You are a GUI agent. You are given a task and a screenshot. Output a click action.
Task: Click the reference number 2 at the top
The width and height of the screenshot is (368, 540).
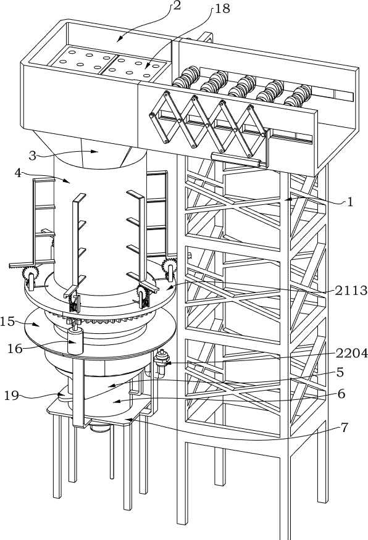[177, 5]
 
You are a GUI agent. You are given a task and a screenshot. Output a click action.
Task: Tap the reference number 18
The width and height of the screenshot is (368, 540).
[222, 8]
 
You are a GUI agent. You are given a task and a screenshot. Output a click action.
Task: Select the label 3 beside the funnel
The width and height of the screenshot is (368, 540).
[32, 156]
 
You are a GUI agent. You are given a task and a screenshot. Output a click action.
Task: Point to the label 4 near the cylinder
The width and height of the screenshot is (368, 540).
[18, 173]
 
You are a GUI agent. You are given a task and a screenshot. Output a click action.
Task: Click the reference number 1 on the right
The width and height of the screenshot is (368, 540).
[350, 202]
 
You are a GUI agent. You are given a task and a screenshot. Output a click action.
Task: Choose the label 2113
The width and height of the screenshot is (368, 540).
[351, 290]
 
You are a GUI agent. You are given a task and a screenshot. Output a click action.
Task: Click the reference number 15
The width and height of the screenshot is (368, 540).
[7, 322]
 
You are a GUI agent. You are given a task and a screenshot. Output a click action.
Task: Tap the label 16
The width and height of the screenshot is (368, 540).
[15, 349]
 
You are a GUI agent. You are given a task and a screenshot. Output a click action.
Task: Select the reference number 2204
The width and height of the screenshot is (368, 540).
[351, 353]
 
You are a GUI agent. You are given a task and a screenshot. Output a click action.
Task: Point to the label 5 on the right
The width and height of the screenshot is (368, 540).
[340, 372]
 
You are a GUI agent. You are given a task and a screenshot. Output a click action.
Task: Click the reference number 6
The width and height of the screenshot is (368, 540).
[341, 393]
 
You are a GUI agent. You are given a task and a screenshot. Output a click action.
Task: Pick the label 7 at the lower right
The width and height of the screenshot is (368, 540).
[344, 428]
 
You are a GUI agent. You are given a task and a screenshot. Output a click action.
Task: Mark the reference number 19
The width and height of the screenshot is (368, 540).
[11, 396]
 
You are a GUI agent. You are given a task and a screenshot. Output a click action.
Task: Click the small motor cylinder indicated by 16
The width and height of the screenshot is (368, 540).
[75, 340]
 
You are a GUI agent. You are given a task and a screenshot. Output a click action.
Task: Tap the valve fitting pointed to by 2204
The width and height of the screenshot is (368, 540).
[161, 360]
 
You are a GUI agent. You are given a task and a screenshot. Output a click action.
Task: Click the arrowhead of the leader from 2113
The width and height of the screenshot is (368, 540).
[170, 286]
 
